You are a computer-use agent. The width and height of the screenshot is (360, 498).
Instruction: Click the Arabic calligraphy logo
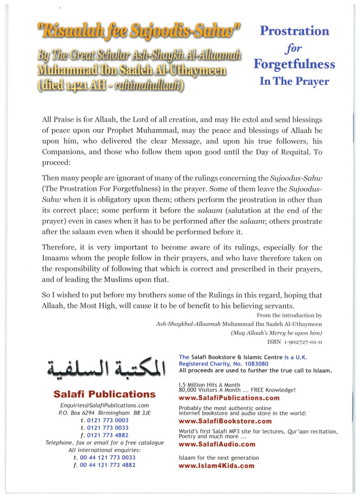pyautogui.click(x=105, y=369)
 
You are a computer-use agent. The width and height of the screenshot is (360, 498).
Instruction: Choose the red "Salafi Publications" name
pyautogui.click(x=105, y=394)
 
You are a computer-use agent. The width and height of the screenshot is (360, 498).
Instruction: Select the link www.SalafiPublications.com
pyautogui.click(x=229, y=398)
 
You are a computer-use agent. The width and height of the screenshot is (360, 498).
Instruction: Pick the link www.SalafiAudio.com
pyautogui.click(x=217, y=444)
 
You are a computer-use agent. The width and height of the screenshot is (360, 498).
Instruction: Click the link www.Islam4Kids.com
pyautogui.click(x=216, y=466)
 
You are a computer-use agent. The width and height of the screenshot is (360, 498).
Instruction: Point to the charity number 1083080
pyautogui.click(x=252, y=364)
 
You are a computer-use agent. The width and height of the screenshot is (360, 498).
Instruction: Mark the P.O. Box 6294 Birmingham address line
pyautogui.click(x=105, y=413)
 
